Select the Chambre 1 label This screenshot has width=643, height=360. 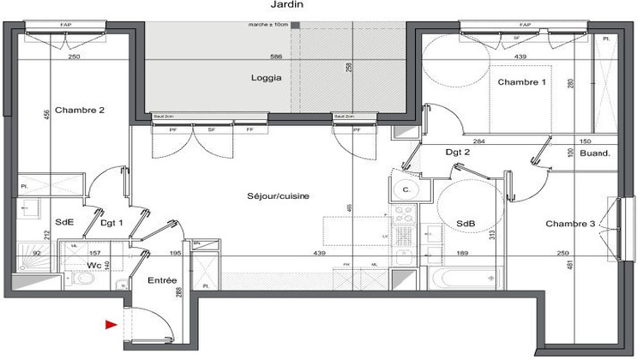tap(522, 82)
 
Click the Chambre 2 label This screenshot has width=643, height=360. tap(80, 111)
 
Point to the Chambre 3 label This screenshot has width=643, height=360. tap(570, 225)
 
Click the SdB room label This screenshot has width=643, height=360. tap(466, 225)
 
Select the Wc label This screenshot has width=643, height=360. tap(94, 266)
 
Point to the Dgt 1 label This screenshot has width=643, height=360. tap(112, 223)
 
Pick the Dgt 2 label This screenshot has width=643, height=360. tap(458, 153)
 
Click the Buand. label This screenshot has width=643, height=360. tap(594, 153)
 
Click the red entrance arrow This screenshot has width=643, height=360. tap(111, 325)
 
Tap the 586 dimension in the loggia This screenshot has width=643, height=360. tap(275, 57)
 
